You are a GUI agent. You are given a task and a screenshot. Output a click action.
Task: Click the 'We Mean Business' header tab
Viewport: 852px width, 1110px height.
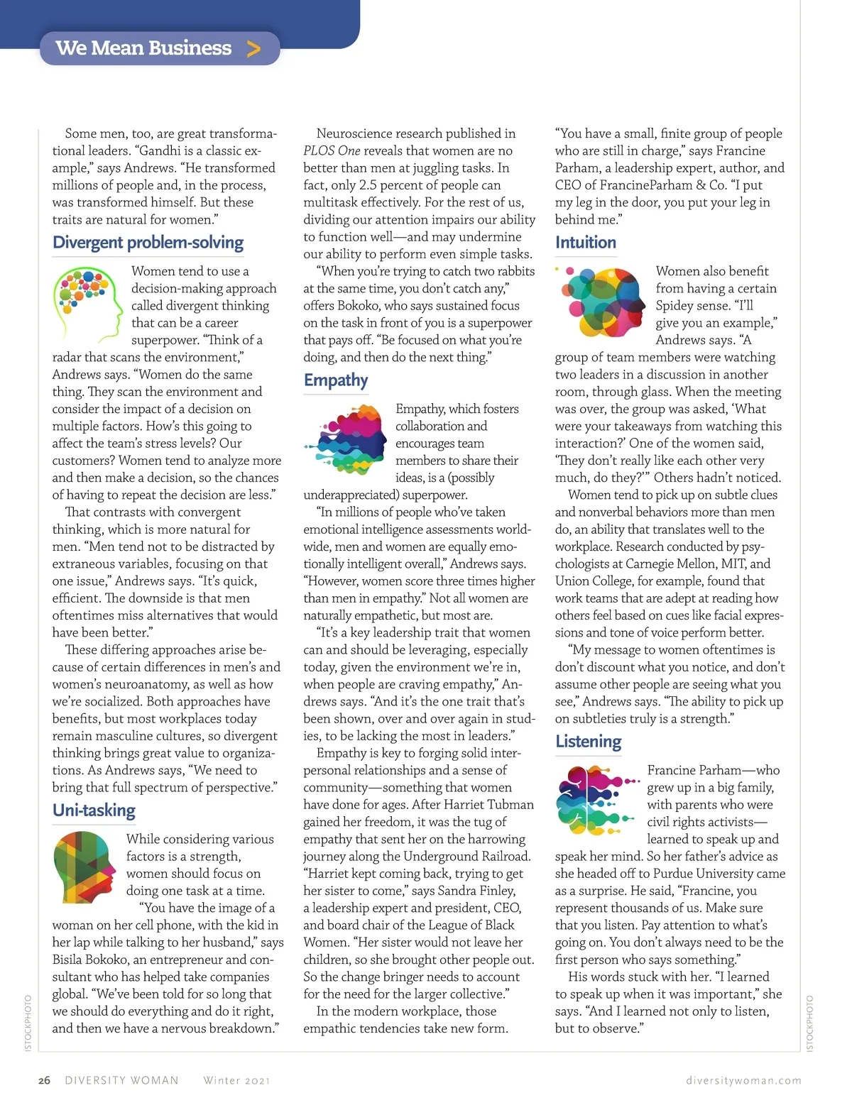pyautogui.click(x=144, y=48)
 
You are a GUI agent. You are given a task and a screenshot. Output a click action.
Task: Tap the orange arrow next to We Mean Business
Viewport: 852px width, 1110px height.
pyautogui.click(x=253, y=49)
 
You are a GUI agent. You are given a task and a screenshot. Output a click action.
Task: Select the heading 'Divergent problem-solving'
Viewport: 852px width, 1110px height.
pyautogui.click(x=148, y=243)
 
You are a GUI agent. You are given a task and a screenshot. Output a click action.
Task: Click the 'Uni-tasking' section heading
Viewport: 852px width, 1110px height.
pyautogui.click(x=94, y=810)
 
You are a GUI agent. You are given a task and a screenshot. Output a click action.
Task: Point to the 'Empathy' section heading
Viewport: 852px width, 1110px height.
pyautogui.click(x=336, y=380)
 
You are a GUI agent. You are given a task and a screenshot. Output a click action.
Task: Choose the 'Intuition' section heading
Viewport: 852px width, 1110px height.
pyautogui.click(x=586, y=243)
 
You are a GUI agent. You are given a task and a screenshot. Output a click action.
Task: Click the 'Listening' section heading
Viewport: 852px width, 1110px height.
pyautogui.click(x=588, y=742)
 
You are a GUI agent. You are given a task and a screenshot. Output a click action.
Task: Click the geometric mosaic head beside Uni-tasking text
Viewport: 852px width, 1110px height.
pyautogui.click(x=84, y=867)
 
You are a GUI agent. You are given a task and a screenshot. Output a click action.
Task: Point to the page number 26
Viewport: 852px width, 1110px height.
pyautogui.click(x=44, y=1080)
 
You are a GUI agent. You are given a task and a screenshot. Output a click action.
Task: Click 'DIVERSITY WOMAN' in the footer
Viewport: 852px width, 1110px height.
pyautogui.click(x=121, y=1080)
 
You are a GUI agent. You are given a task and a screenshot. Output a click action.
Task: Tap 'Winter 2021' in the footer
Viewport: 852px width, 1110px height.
pyautogui.click(x=236, y=1080)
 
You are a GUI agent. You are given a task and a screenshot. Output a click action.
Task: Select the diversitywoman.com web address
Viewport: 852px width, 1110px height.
pyautogui.click(x=743, y=1080)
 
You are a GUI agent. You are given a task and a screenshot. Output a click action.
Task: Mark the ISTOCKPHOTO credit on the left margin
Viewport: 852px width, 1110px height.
pyautogui.click(x=28, y=1023)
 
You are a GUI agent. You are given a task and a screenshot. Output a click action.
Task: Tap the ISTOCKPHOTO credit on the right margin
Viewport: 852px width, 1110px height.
pyautogui.click(x=810, y=1023)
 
